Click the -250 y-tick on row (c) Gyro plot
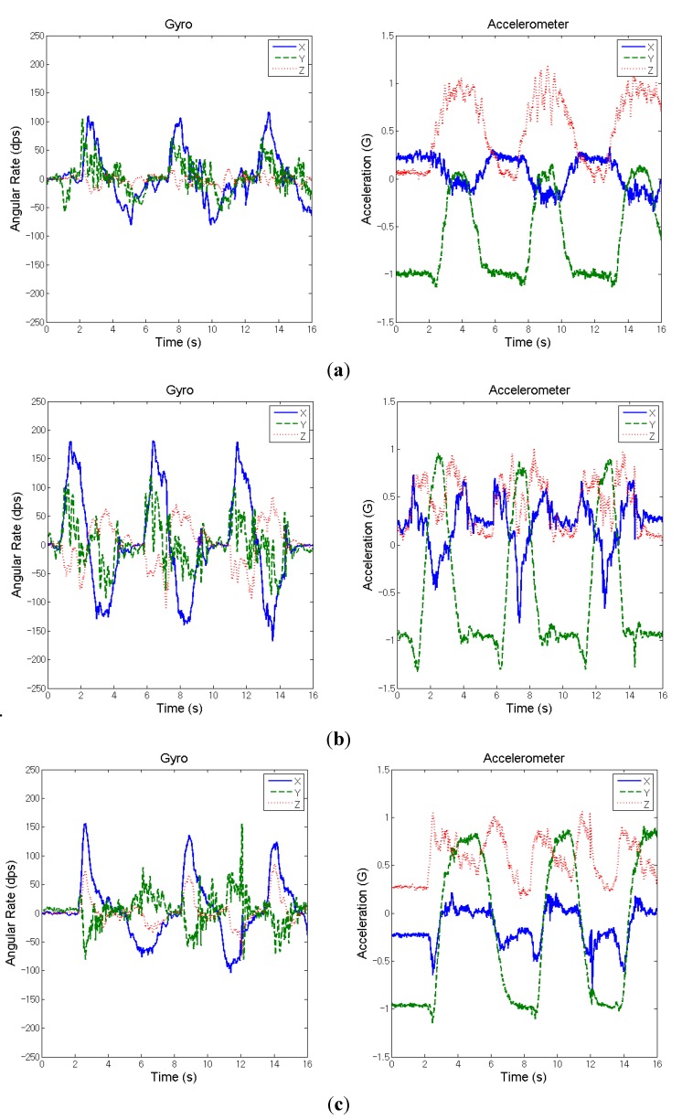pos(28,1057)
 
